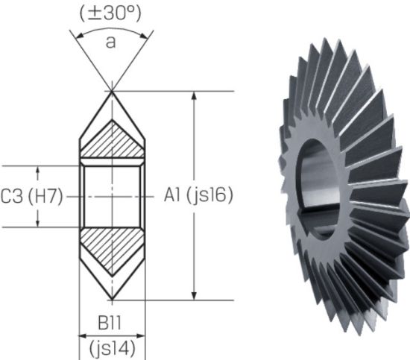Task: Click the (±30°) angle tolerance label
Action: pos(110,13)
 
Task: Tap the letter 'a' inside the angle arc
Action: pos(110,42)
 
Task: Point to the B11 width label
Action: pos(111,325)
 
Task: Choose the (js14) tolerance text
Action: pos(111,347)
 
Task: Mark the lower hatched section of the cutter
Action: pos(111,249)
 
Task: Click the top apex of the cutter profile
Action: pos(111,92)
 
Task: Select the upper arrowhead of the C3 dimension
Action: pos(38,169)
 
